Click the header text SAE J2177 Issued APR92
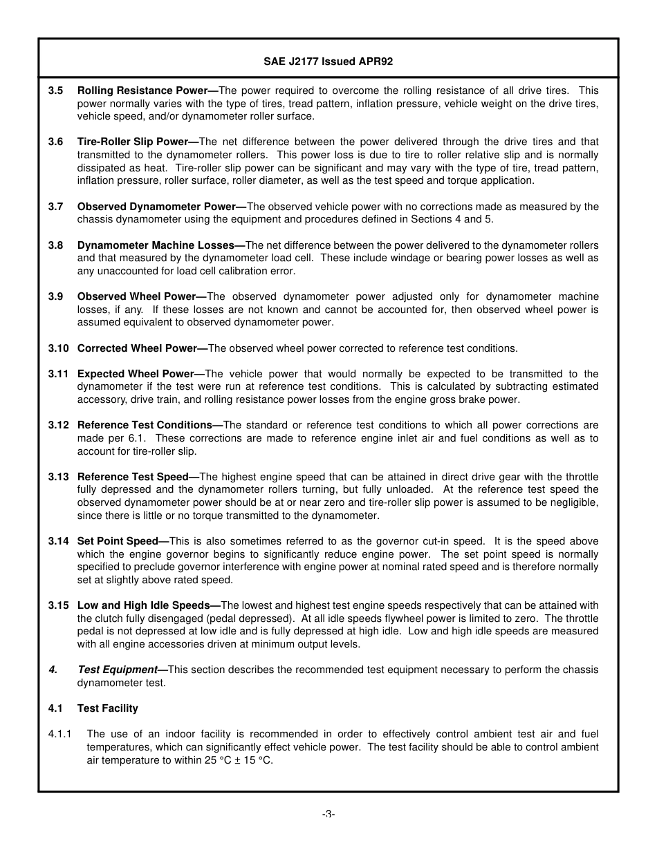[x=328, y=62]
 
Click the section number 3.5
[x=55, y=91]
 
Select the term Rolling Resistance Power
[x=142, y=91]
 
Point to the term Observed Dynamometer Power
[x=156, y=207]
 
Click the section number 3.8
[x=55, y=245]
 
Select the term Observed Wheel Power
[x=137, y=296]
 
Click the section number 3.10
[x=58, y=348]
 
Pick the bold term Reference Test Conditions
[x=145, y=425]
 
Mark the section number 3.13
[x=58, y=477]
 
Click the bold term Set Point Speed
[x=118, y=541]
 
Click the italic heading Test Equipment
[x=117, y=670]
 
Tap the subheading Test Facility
[x=107, y=708]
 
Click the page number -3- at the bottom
[x=328, y=814]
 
